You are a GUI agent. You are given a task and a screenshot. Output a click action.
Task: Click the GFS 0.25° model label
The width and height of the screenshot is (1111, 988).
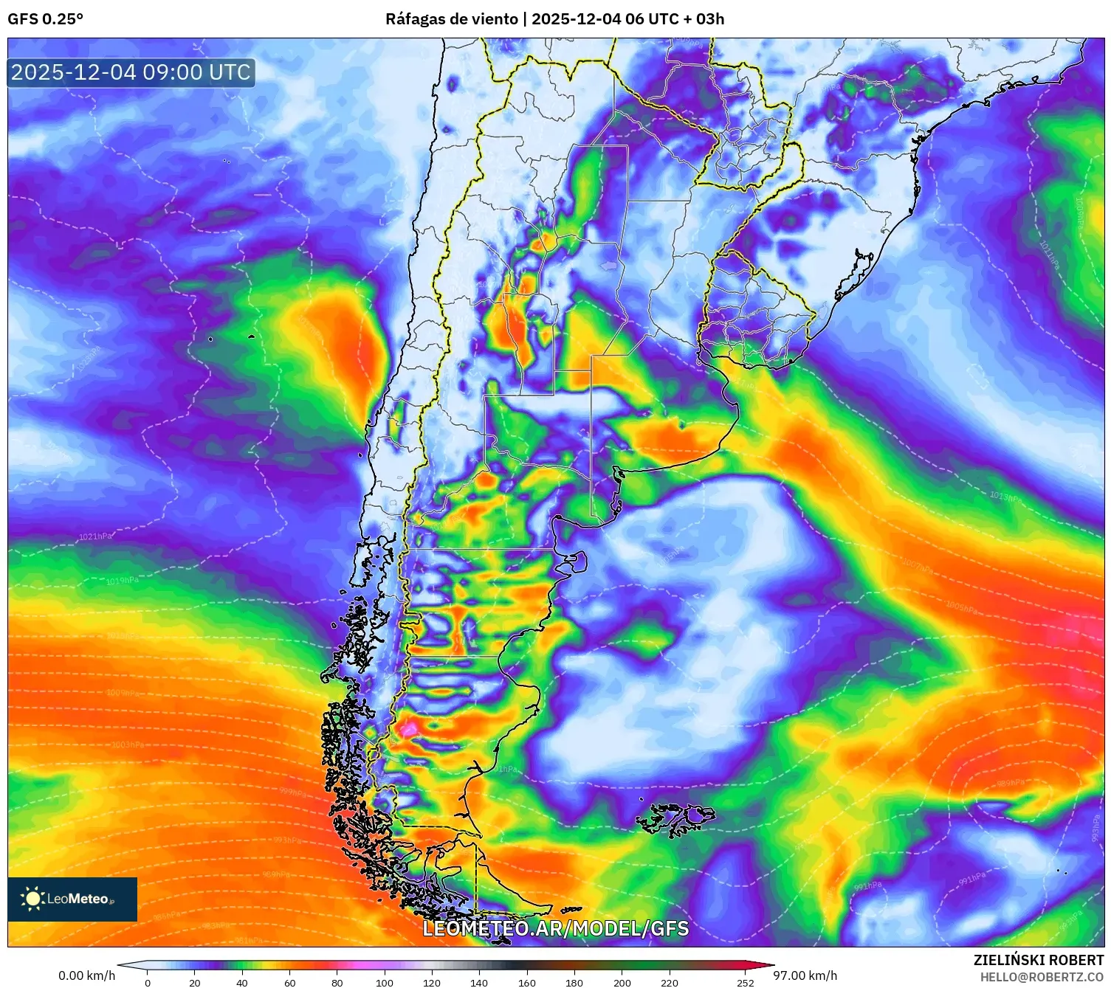coord(45,19)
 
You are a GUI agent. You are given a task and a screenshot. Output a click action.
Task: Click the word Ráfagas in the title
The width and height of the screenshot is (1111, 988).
coord(414,19)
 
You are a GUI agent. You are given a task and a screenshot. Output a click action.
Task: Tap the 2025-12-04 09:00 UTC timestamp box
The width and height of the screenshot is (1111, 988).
coord(131,72)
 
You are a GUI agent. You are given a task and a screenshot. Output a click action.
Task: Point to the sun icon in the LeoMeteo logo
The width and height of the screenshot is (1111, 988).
coord(32,898)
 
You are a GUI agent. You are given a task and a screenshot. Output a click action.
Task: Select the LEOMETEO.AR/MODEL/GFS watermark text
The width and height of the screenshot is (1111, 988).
coord(555,928)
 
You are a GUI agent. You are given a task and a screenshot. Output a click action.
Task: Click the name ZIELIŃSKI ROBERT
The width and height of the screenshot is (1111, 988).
coord(1038,960)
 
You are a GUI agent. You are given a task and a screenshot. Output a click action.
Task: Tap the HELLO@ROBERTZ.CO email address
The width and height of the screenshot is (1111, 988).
coord(1042,977)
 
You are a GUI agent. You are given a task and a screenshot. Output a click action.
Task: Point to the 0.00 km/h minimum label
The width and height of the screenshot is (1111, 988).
coord(86,975)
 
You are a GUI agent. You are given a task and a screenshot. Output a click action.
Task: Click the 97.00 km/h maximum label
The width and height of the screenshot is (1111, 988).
coord(805,975)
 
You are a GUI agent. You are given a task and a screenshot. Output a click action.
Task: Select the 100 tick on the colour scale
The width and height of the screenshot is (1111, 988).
coord(385,982)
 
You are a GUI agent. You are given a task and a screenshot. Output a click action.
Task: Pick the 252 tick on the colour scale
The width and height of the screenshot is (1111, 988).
coord(746,982)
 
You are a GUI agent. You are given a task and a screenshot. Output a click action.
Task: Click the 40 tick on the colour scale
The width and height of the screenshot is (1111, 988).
coord(242,982)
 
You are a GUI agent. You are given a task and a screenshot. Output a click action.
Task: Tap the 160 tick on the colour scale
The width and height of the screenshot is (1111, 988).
coord(527,982)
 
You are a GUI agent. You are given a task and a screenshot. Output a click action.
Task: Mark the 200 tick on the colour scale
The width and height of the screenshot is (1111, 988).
coord(622,982)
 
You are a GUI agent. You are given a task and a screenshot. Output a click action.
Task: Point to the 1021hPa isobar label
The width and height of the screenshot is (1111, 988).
coord(95,536)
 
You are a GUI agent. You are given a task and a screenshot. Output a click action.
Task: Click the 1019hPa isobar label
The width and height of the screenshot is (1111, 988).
coord(122,581)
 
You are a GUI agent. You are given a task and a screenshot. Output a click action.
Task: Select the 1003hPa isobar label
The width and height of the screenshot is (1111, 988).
coord(127,745)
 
